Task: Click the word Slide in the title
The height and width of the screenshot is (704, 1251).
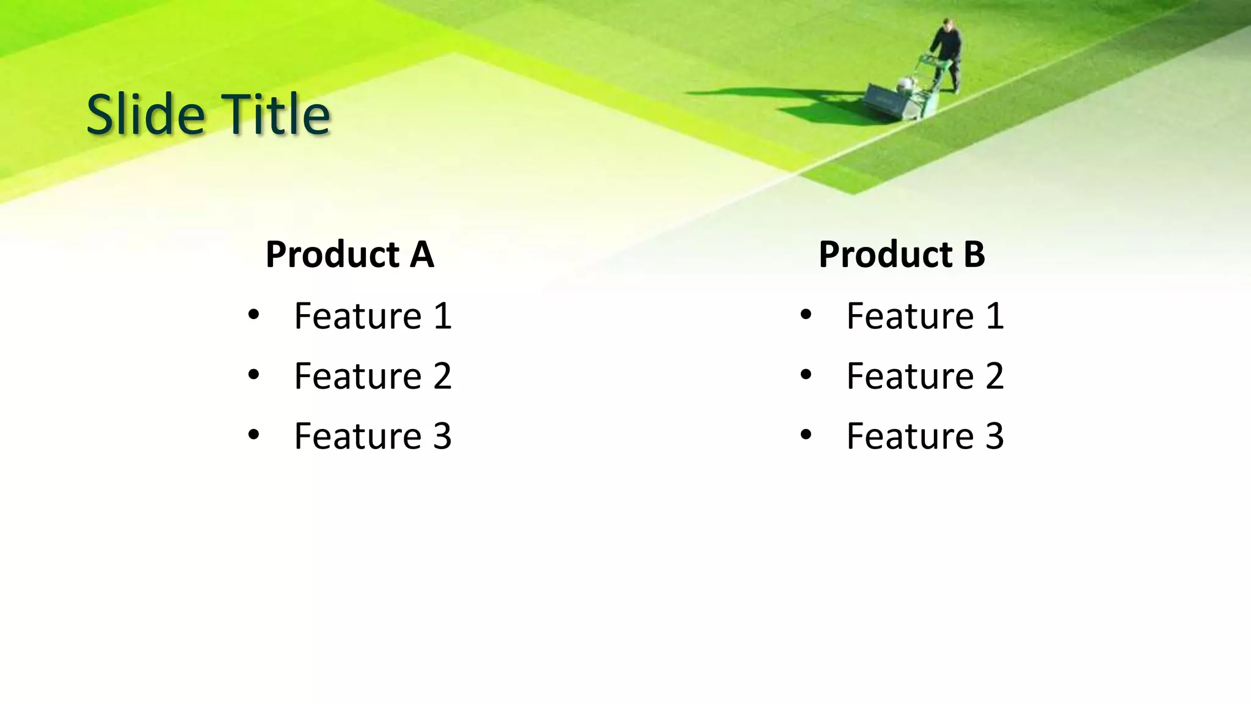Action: click(x=145, y=114)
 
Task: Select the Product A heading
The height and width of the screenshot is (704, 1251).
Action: click(x=349, y=254)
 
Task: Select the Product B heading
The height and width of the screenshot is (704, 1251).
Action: click(x=902, y=254)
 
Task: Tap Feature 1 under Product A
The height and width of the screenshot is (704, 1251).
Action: click(x=373, y=316)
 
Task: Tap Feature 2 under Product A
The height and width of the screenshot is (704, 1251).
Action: click(x=373, y=376)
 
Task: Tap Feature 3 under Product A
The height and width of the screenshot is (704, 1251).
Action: click(x=373, y=436)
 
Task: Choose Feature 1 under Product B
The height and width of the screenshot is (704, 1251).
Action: click(x=925, y=316)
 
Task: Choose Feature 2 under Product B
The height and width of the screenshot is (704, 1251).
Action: click(x=925, y=376)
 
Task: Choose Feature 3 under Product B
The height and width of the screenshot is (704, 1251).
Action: click(x=925, y=436)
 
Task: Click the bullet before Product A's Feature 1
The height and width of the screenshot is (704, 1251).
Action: click(x=253, y=316)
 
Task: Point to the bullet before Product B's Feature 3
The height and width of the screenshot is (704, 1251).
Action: click(x=806, y=435)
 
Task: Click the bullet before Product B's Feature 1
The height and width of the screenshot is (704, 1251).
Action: click(x=806, y=316)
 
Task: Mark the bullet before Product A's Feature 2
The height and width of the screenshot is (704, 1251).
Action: click(x=253, y=375)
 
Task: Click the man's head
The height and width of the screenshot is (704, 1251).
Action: click(x=947, y=25)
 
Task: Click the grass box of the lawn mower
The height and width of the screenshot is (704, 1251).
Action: click(x=883, y=101)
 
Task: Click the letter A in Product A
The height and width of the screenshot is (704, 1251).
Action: click(x=421, y=254)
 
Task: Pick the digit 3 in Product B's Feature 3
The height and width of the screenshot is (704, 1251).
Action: click(x=994, y=436)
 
